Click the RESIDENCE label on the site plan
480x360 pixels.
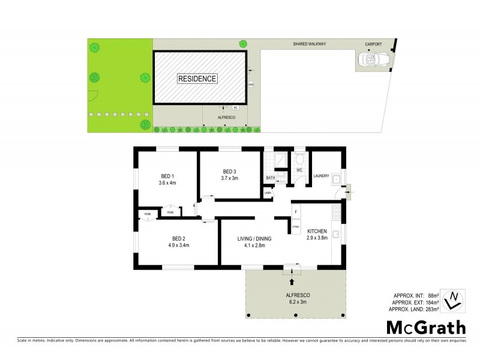(197, 79)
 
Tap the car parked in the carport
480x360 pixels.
(372, 59)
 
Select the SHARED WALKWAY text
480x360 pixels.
(309, 44)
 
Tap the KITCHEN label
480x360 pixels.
(317, 231)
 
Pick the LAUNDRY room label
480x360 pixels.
(323, 176)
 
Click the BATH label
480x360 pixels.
(271, 178)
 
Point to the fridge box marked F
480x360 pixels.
(296, 211)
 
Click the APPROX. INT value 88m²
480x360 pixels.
(433, 296)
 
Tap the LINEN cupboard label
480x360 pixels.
(268, 193)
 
